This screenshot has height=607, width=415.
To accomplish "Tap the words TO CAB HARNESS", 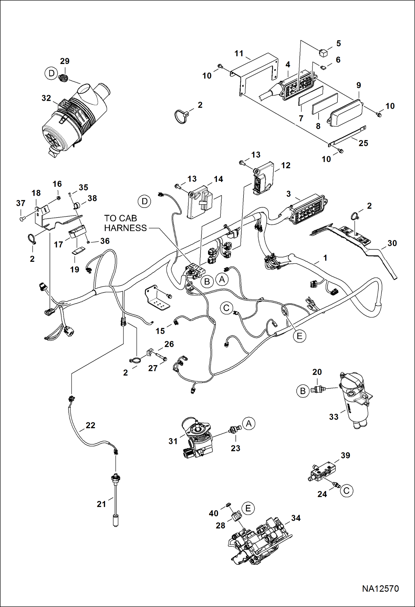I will click(x=125, y=223).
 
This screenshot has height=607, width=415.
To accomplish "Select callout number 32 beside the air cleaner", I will click(x=46, y=98).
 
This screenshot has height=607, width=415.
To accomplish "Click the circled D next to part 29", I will click(x=52, y=74).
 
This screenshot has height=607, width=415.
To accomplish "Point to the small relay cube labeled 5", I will click(x=323, y=52).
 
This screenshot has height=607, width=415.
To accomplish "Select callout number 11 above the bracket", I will click(x=239, y=53).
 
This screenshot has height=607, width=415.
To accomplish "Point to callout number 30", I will click(x=392, y=243).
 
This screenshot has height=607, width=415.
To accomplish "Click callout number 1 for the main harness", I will click(x=325, y=258).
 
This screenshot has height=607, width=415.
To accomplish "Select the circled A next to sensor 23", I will click(x=249, y=423).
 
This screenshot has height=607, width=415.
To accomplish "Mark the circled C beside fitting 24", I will click(x=346, y=491).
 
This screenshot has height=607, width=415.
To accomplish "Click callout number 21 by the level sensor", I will click(x=101, y=504).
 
